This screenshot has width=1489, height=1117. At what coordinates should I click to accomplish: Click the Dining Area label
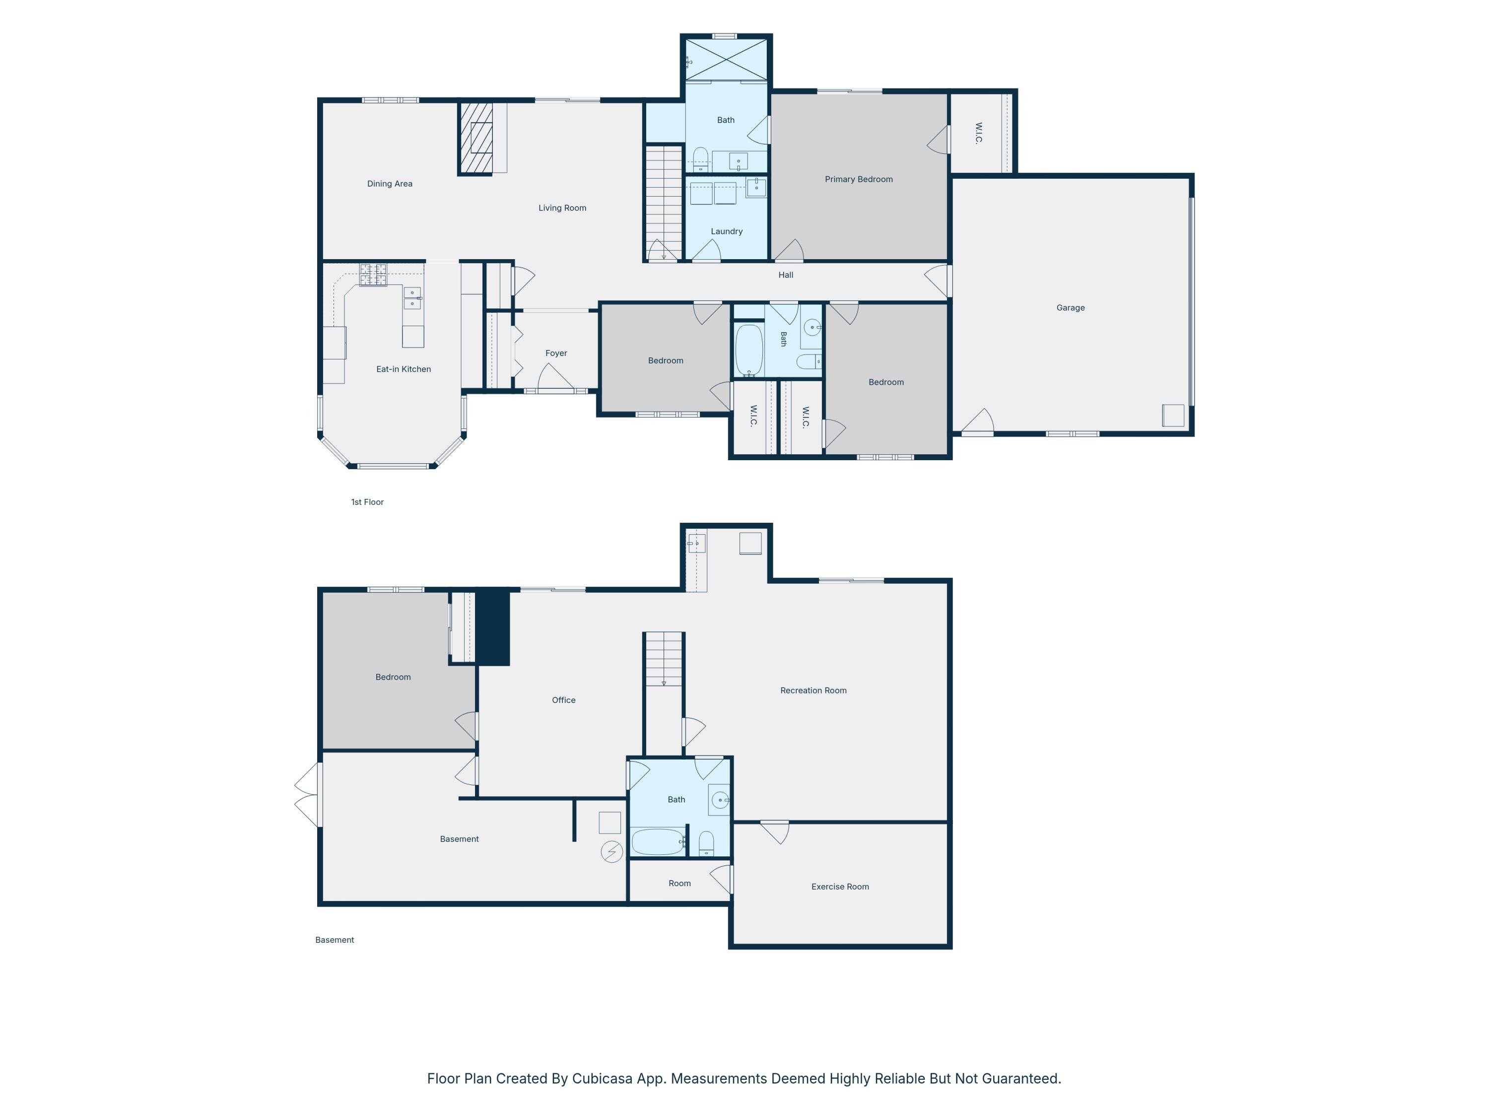390,184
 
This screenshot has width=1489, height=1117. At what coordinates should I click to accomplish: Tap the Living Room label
562,208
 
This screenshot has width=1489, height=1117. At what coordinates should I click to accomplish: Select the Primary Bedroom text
859,179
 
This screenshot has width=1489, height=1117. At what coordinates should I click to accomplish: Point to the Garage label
1070,308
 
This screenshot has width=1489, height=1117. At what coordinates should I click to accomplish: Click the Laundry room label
726,232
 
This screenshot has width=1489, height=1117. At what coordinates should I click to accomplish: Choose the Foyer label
556,353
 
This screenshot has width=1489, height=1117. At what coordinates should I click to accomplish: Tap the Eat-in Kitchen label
403,369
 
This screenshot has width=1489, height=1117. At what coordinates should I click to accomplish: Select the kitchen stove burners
373,275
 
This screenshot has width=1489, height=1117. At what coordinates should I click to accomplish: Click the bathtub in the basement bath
658,841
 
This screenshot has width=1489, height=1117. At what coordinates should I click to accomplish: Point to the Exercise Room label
840,887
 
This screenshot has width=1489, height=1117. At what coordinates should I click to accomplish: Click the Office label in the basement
563,700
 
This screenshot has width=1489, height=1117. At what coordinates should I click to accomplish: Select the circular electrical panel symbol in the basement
611,852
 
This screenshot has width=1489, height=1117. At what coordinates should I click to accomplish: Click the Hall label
786,275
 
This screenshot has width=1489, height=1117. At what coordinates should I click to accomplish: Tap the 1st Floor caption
368,502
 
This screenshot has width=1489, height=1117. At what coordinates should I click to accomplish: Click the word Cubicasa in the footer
603,1079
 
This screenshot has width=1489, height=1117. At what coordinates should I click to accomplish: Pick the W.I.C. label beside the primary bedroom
979,134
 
